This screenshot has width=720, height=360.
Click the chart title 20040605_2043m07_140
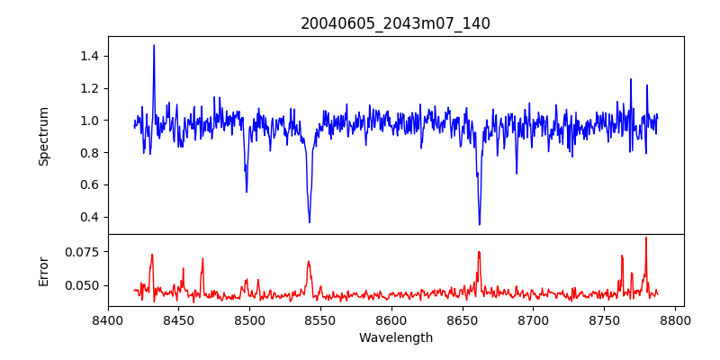pyautogui.click(x=395, y=23)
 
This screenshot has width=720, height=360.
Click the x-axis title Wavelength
pyautogui.click(x=395, y=338)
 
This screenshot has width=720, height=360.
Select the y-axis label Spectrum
pyautogui.click(x=43, y=136)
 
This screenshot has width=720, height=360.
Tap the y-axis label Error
pyautogui.click(x=43, y=271)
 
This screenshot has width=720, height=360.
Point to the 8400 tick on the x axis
pyautogui.click(x=108, y=319)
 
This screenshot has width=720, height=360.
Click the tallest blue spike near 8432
pyautogui.click(x=154, y=45)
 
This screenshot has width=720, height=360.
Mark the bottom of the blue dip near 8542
pyautogui.click(x=310, y=222)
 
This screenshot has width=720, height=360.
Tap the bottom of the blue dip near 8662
pyautogui.click(x=480, y=224)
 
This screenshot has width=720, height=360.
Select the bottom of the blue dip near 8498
pyautogui.click(x=247, y=191)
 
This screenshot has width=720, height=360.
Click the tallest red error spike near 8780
pyautogui.click(x=646, y=238)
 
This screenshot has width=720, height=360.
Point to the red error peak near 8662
pyautogui.click(x=479, y=252)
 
